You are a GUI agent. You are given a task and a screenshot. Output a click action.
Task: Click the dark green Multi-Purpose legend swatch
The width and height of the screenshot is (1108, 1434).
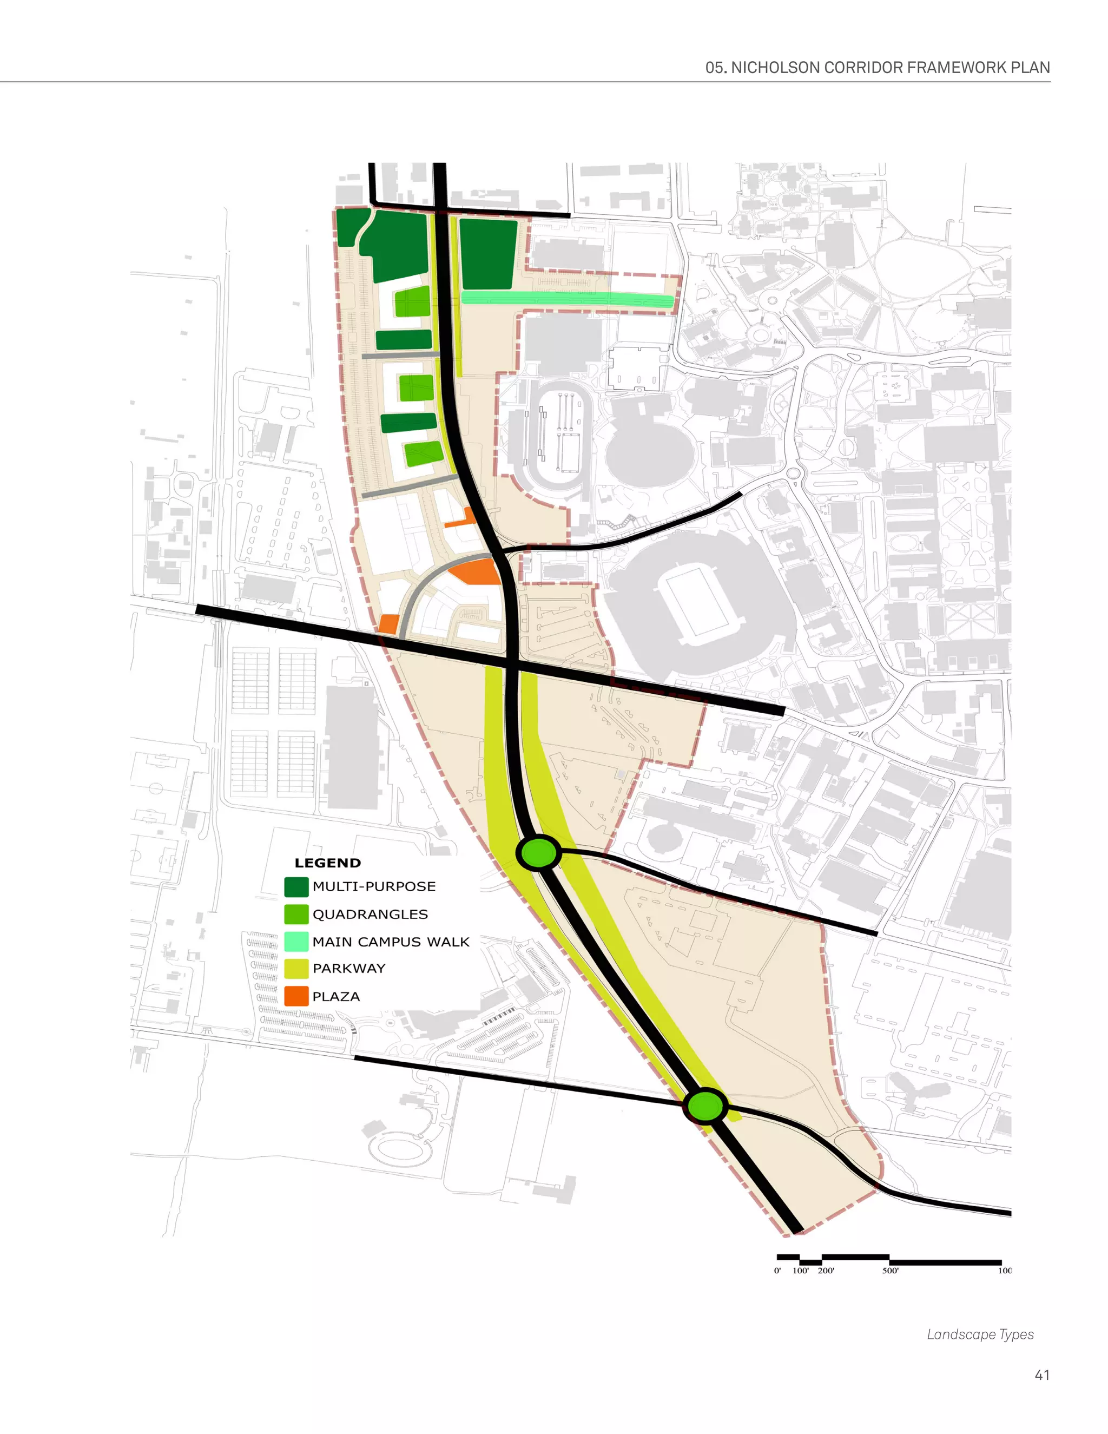pos(296,887)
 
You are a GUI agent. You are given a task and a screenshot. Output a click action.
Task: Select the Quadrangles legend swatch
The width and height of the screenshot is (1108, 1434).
pos(296,915)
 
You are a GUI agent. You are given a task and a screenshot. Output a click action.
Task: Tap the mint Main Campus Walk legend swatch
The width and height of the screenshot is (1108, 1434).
pos(296,942)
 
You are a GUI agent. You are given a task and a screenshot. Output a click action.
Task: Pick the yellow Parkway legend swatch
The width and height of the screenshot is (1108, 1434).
pos(296,969)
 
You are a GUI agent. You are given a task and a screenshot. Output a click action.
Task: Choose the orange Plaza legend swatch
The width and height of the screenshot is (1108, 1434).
pos(296,996)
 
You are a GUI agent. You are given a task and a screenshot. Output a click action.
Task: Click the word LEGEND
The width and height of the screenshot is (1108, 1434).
pos(327,863)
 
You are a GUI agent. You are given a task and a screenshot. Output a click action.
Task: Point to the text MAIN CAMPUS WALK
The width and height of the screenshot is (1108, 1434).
pos(391,942)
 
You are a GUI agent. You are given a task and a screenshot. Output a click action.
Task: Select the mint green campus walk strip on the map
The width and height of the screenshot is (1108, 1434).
pos(567,299)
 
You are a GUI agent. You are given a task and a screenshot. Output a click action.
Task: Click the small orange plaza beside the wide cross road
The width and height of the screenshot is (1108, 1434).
pos(388,624)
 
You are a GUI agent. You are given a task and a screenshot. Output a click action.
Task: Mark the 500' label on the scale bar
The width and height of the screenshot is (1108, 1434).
pos(890,1271)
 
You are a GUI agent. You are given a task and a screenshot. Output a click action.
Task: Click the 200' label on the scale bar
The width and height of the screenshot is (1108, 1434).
pos(826,1271)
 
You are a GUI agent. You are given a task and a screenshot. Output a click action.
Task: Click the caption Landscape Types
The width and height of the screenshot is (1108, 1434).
pos(980,1334)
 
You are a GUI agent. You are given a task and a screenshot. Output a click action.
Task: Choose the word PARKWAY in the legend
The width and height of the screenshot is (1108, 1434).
pos(348,969)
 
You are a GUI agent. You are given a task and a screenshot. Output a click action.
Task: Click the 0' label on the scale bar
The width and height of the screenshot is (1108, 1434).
pos(777,1271)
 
